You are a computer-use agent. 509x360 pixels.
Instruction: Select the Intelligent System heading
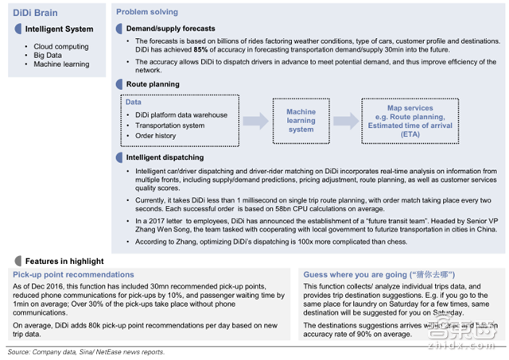tap(57, 29)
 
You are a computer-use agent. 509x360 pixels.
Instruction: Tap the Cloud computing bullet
tap(61, 47)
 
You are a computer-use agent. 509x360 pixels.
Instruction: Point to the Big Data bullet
tap(49, 56)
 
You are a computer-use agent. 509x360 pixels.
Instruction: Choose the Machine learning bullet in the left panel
tap(61, 64)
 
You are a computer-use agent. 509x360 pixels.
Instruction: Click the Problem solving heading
tap(147, 13)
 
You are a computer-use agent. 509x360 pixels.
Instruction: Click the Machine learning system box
tap(301, 121)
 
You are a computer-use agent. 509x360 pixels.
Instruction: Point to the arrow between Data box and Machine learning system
tap(255, 121)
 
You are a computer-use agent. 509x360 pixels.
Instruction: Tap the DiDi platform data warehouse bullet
tap(181, 115)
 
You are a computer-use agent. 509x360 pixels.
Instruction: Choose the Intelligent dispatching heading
tap(165, 157)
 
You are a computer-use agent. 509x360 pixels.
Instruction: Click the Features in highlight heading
tap(64, 261)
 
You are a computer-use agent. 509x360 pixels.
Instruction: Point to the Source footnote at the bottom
tap(85, 351)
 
